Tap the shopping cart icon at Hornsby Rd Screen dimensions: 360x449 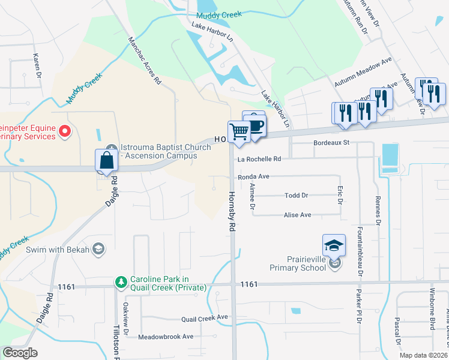click(x=238, y=132)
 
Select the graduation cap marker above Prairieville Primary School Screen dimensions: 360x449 click(x=334, y=245)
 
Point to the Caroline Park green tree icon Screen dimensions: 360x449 click(x=120, y=281)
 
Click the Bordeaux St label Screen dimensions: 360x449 click(x=331, y=143)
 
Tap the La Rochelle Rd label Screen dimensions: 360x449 click(x=259, y=160)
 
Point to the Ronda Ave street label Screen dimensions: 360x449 click(x=253, y=177)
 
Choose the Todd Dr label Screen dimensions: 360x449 click(x=296, y=196)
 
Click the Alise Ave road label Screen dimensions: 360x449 click(x=297, y=215)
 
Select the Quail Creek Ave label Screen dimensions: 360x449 click(x=205, y=317)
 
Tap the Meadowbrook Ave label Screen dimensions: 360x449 click(x=166, y=337)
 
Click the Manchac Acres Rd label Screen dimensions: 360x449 click(x=145, y=60)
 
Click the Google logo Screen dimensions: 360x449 click(x=20, y=353)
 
